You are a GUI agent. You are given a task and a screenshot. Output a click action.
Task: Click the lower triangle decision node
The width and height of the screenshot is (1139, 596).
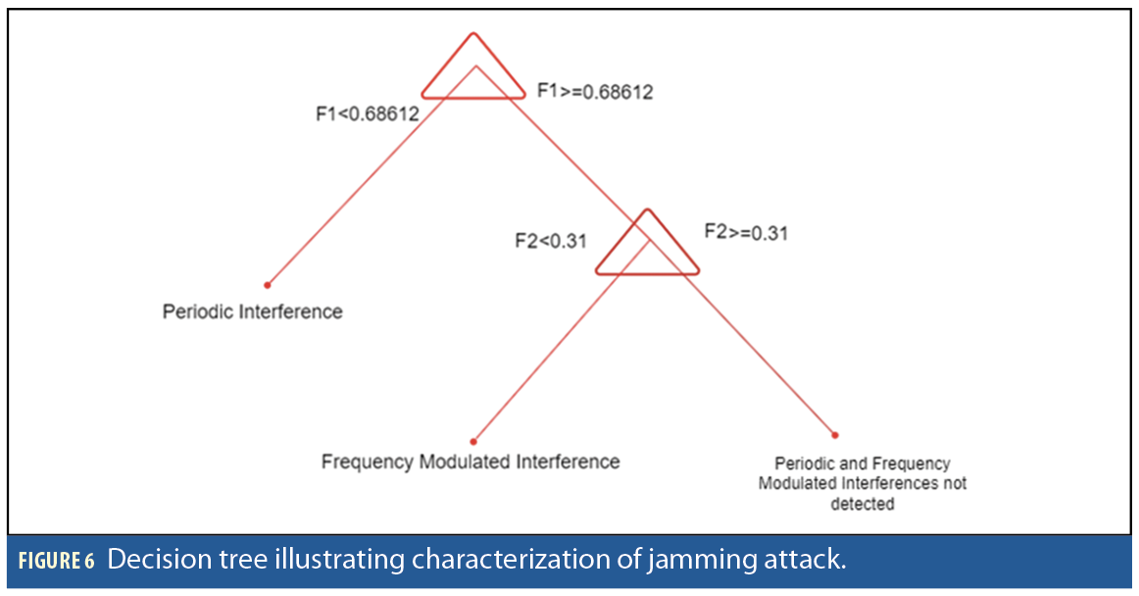click(648, 247)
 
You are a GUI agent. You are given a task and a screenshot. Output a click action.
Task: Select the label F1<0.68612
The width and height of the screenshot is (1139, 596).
click(367, 114)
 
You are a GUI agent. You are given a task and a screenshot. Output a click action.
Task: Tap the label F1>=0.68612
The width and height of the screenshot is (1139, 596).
click(595, 92)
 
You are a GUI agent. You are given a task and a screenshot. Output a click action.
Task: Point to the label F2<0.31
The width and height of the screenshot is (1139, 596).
click(551, 240)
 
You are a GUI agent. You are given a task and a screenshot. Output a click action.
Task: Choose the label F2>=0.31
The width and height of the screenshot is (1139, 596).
click(746, 233)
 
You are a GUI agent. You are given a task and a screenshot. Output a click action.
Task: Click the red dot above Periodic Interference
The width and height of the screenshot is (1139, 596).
click(267, 285)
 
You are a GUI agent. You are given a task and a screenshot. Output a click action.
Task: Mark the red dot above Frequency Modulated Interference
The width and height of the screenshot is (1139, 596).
click(473, 441)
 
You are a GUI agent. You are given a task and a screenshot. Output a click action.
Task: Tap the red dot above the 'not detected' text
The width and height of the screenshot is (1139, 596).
click(835, 434)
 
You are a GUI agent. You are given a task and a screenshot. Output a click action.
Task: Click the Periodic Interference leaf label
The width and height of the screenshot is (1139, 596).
click(253, 312)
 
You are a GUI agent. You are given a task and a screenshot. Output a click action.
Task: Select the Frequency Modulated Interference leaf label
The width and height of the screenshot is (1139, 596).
click(470, 461)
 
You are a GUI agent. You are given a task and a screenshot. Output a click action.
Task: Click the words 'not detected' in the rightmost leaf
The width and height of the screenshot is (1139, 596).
click(863, 504)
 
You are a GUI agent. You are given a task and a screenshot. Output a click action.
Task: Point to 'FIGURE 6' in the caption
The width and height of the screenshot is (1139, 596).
click(56, 562)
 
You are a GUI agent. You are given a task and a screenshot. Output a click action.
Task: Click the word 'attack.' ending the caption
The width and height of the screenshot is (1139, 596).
click(808, 561)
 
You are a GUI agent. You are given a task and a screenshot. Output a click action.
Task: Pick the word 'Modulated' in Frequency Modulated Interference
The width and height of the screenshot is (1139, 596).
click(470, 461)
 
